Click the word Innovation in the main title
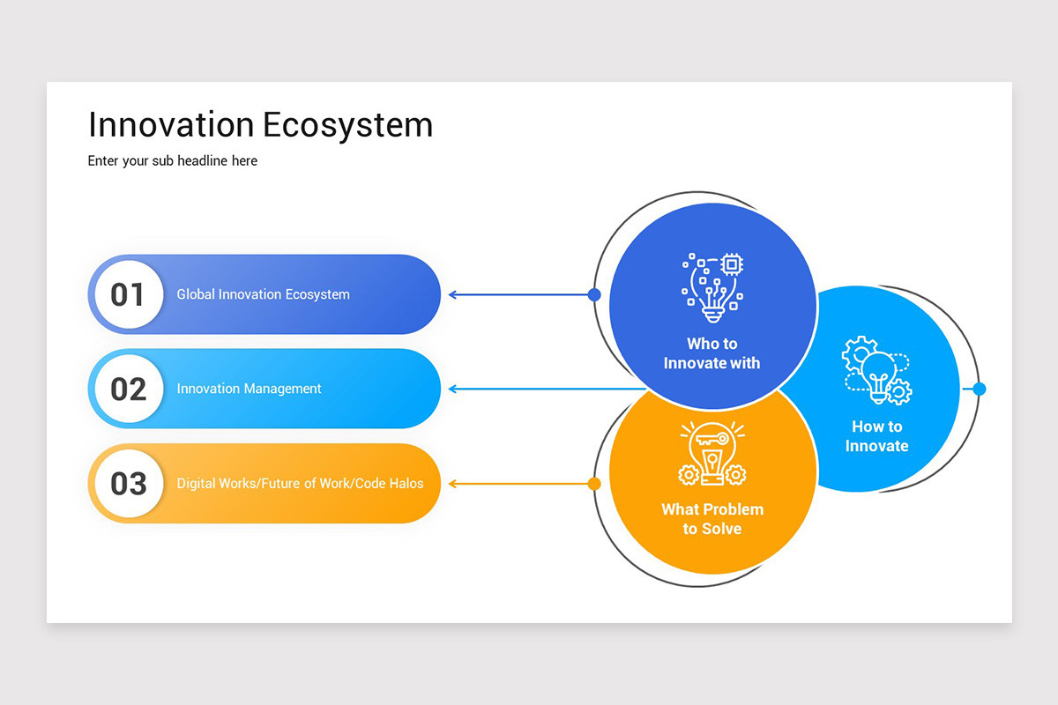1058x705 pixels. tap(171, 125)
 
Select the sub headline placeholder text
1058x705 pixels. tap(173, 161)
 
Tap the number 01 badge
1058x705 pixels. tap(128, 294)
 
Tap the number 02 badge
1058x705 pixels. tap(128, 389)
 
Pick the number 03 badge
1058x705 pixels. tap(128, 483)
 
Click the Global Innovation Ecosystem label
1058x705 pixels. tap(263, 294)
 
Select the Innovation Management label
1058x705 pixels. tap(249, 389)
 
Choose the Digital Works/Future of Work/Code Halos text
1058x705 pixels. tap(300, 483)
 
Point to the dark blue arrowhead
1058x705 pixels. tap(452, 294)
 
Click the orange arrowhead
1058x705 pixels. tap(452, 483)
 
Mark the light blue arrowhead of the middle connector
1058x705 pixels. tap(452, 389)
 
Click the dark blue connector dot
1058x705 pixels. tap(594, 294)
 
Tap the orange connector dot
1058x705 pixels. tap(594, 483)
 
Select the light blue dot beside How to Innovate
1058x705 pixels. tap(979, 389)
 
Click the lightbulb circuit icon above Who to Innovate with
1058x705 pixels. tap(712, 286)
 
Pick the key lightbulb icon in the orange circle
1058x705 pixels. tap(712, 454)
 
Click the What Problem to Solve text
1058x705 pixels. tap(712, 519)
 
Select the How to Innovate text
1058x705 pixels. tap(876, 436)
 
